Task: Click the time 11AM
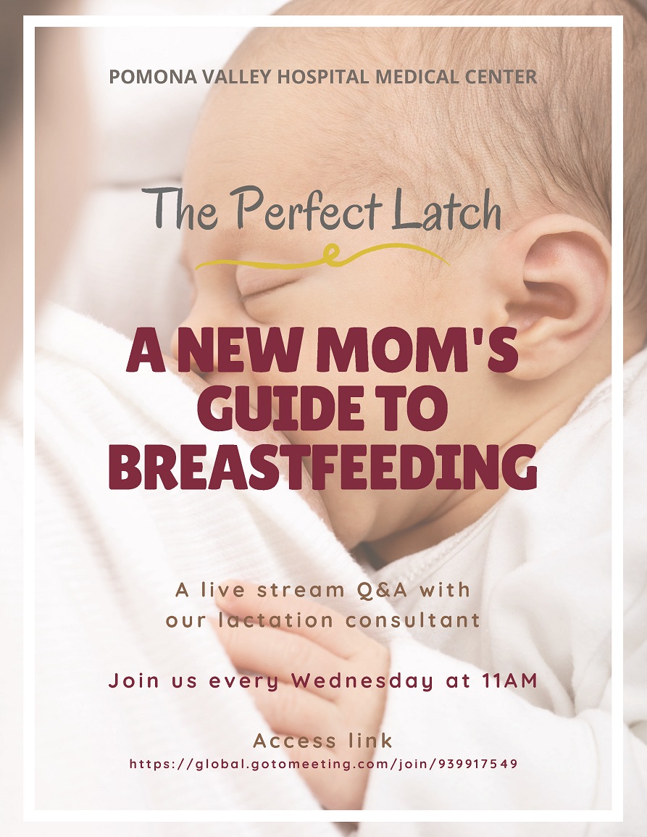pyautogui.click(x=512, y=682)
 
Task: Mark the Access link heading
pyautogui.click(x=323, y=741)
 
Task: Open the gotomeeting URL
pyautogui.click(x=323, y=764)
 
